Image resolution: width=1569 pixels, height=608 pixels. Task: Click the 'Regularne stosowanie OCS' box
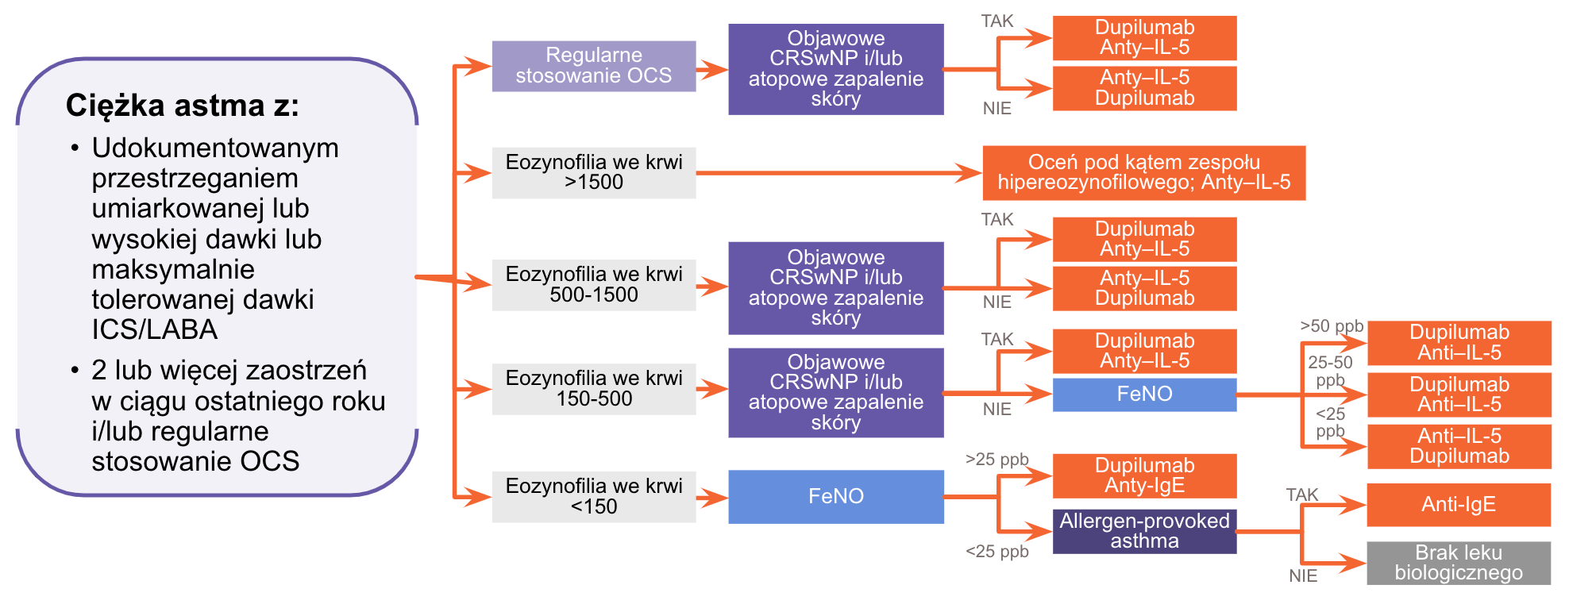(x=593, y=66)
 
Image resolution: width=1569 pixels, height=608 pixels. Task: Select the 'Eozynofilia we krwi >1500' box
(x=593, y=172)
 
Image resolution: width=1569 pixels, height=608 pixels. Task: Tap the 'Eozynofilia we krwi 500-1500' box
(x=593, y=284)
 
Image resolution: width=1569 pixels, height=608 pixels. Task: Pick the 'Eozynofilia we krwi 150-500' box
(x=593, y=389)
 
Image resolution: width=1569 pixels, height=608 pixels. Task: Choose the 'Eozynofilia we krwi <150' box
(x=593, y=497)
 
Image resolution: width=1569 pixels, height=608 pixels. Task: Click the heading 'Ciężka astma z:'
(x=182, y=106)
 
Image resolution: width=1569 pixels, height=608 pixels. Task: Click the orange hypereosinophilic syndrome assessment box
(x=1143, y=172)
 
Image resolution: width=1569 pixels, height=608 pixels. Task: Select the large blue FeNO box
(x=835, y=497)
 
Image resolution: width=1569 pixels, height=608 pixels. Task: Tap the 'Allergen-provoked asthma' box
(x=1144, y=531)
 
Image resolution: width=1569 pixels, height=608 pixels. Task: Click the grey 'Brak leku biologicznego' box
(x=1458, y=563)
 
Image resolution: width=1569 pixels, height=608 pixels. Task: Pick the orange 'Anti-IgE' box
(x=1458, y=505)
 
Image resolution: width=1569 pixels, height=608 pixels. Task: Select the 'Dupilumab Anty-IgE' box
(x=1144, y=475)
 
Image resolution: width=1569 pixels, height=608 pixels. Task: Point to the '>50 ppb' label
(x=1331, y=326)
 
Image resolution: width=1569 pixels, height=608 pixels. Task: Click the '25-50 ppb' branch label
(x=1330, y=371)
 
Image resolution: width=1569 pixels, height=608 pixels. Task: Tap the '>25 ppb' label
(x=997, y=460)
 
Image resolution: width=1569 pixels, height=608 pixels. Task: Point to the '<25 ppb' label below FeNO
(x=997, y=552)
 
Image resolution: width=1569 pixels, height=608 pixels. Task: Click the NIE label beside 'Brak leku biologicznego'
(x=1303, y=576)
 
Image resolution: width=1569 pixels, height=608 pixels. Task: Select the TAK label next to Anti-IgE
(x=1302, y=495)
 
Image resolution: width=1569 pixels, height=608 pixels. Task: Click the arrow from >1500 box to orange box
(x=838, y=172)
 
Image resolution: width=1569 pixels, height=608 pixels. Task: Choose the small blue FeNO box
(x=1144, y=394)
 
